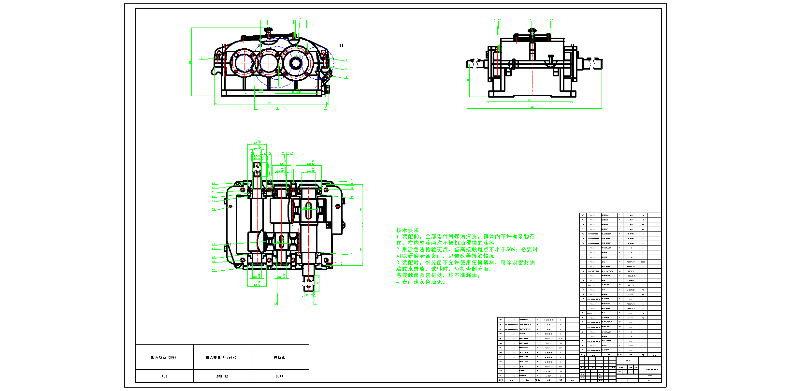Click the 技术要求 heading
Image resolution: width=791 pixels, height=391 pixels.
pyautogui.click(x=407, y=231)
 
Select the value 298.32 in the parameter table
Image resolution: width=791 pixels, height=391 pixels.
pyautogui.click(x=222, y=376)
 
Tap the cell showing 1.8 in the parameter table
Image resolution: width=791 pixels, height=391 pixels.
pyautogui.click(x=164, y=376)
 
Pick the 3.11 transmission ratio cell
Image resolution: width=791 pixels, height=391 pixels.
pyautogui.click(x=279, y=376)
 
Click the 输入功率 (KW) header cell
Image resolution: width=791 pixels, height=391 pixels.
pyautogui.click(x=164, y=358)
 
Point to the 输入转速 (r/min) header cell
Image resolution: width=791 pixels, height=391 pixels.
pyautogui.click(x=222, y=358)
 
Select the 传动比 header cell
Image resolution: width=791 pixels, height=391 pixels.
pyautogui.click(x=279, y=358)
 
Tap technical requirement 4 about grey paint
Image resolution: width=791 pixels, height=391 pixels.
pyautogui.click(x=420, y=282)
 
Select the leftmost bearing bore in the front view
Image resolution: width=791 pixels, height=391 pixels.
pyautogui.click(x=244, y=62)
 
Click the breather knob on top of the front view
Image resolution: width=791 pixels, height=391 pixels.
pyautogui.click(x=269, y=31)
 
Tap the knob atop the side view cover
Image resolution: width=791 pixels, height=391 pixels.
pyautogui.click(x=532, y=30)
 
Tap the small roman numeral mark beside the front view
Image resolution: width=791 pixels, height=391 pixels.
pyautogui.click(x=341, y=45)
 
